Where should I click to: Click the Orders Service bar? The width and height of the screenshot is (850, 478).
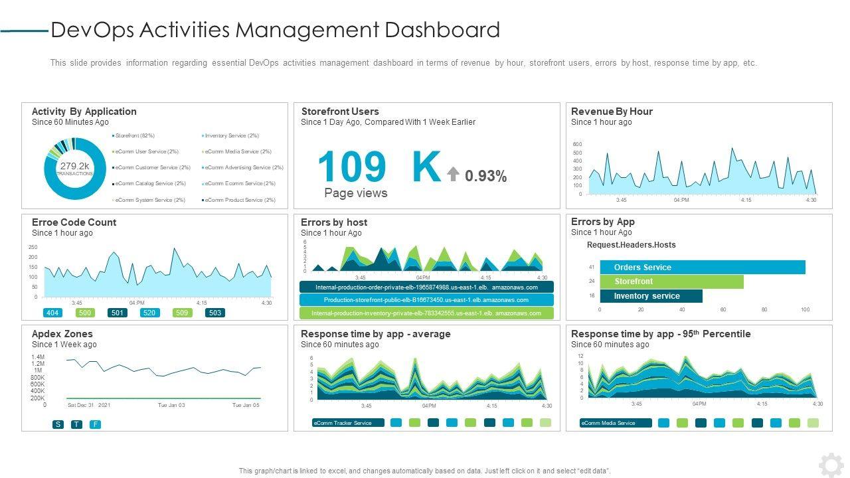(x=702, y=268)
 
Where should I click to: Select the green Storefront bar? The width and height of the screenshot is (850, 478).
(x=671, y=281)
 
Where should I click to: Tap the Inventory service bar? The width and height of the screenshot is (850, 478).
(x=650, y=296)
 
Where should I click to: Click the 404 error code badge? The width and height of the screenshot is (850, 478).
(x=52, y=313)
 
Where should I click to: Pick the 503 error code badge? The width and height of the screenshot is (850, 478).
(x=215, y=313)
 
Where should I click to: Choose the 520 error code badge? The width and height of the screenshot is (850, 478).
(x=149, y=313)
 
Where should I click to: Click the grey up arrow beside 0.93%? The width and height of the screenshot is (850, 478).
(x=453, y=175)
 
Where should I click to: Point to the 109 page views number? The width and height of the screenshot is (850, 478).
(x=352, y=167)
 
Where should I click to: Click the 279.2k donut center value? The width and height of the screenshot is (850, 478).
(x=74, y=166)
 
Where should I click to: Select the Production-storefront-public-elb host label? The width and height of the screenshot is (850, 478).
(x=426, y=300)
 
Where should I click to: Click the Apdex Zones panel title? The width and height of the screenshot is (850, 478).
(x=62, y=334)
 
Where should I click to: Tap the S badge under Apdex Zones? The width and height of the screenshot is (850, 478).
(x=58, y=424)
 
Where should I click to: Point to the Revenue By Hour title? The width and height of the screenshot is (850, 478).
(x=612, y=112)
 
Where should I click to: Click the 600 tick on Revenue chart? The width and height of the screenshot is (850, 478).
(x=577, y=145)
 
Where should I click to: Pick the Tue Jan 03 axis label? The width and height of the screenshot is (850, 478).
(x=171, y=405)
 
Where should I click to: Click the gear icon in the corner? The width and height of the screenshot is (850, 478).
(x=831, y=465)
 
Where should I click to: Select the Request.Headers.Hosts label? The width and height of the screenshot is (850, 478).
(x=631, y=245)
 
